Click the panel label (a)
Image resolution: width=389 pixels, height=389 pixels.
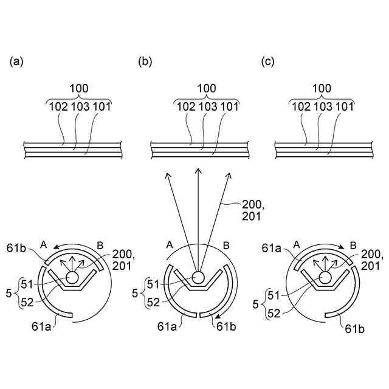pos(16,61)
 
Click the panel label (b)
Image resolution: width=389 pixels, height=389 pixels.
pos(145,61)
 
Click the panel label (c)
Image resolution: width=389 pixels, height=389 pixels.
pos(268,61)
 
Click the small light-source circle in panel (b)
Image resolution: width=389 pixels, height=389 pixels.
pos(198,277)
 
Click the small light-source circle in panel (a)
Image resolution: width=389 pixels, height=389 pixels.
pos(72,277)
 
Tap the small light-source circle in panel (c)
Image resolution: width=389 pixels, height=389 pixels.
pos(323,277)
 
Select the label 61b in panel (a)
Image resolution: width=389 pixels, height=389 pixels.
pos(32,248)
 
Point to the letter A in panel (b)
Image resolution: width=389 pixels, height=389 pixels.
pos(170,245)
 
